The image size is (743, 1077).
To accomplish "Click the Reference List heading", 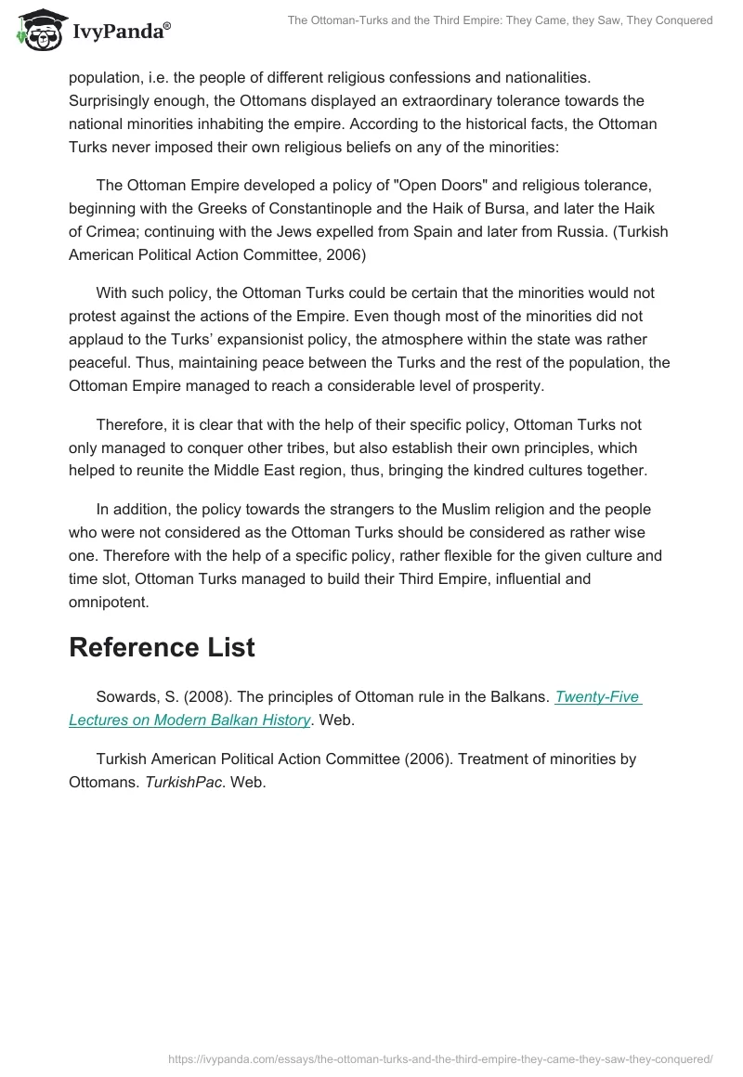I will (162, 647).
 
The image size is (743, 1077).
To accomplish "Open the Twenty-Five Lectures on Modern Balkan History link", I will (355, 707).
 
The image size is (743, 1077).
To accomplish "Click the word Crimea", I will (114, 231).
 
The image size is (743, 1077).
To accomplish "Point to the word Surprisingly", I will (112, 100).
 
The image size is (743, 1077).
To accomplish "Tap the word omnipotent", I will (108, 603).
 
